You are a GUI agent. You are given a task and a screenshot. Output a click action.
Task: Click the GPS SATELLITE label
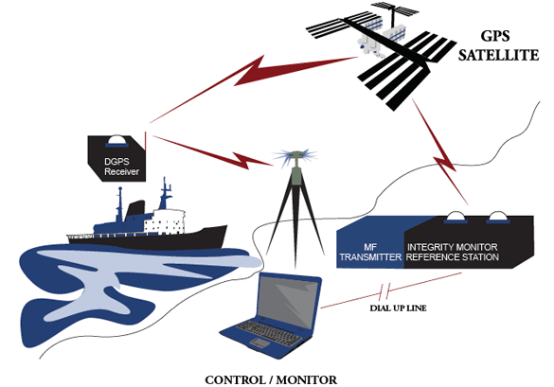tap(498, 45)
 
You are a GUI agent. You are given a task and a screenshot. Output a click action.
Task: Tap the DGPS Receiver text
tap(121, 167)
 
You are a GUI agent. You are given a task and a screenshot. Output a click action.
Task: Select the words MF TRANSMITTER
tap(370, 252)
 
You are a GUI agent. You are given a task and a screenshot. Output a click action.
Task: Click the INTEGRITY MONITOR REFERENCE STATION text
tap(453, 252)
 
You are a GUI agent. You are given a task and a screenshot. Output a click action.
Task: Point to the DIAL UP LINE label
tap(398, 308)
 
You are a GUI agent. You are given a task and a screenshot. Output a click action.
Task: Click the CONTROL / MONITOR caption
tap(271, 380)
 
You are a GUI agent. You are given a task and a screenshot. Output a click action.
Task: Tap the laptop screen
tap(287, 300)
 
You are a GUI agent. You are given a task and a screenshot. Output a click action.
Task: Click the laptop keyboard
tap(269, 331)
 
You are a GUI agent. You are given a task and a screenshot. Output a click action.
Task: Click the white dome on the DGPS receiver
tap(116, 140)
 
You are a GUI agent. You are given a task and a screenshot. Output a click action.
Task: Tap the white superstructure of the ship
tap(164, 221)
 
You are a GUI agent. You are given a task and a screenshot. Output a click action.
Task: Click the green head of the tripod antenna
tap(295, 154)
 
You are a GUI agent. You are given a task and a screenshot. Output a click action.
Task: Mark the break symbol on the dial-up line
tap(384, 290)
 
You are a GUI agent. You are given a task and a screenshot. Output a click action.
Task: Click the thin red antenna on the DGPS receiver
tap(145, 141)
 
